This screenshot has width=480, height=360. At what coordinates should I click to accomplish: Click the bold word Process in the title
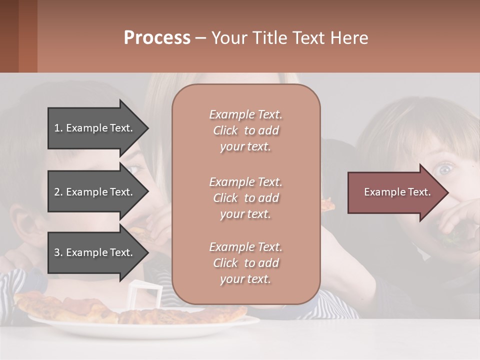click(x=157, y=38)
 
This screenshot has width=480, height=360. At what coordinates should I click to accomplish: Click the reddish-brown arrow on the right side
click(x=395, y=192)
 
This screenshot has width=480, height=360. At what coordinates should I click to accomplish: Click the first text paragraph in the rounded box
click(x=245, y=130)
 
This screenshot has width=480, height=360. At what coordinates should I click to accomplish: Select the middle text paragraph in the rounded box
click(x=245, y=198)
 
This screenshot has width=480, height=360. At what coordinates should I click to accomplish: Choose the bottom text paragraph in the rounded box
click(x=245, y=263)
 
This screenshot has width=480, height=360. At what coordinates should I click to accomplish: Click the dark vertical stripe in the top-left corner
click(x=28, y=36)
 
